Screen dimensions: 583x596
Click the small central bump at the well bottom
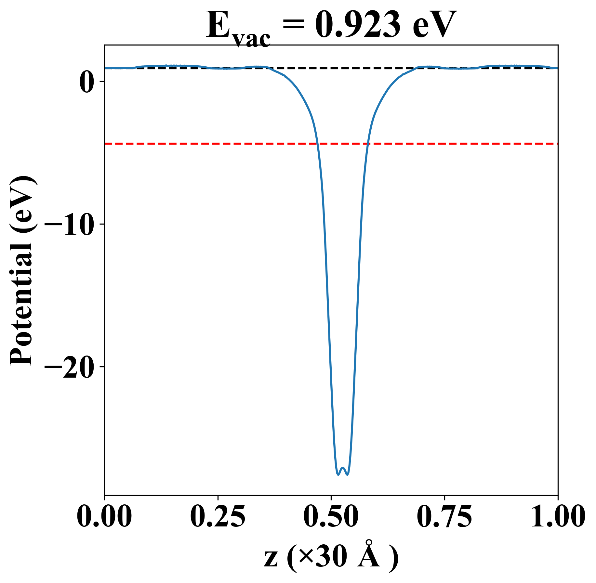(343, 468)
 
